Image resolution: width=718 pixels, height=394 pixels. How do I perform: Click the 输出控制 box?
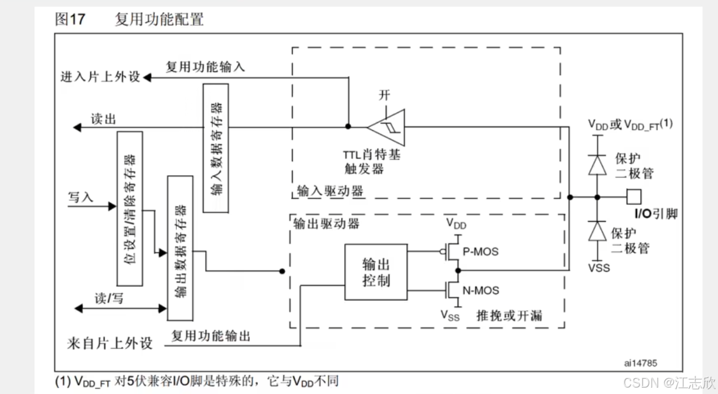(x=376, y=272)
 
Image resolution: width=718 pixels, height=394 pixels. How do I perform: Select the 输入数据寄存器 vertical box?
(x=215, y=148)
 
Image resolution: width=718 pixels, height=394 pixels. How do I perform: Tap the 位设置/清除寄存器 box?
(x=129, y=208)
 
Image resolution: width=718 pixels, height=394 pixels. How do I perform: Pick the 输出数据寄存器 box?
(x=180, y=247)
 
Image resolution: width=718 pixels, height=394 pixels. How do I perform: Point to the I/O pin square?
(x=634, y=197)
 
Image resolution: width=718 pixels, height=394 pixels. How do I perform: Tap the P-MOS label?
(x=481, y=252)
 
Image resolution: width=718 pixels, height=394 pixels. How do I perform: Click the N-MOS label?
(x=481, y=290)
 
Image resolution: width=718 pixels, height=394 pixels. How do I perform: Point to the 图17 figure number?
(x=70, y=19)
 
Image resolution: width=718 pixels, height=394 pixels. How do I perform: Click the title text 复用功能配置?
(x=159, y=19)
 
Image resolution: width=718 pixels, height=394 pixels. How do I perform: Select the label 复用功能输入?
(x=205, y=67)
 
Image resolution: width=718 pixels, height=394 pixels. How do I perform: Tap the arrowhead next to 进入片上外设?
(x=147, y=77)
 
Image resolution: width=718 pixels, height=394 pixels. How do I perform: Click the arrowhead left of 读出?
(x=75, y=126)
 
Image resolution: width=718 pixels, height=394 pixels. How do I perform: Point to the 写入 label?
(x=81, y=197)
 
